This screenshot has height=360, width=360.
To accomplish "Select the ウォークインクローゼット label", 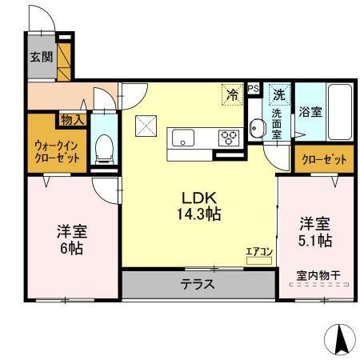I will pos(56,152).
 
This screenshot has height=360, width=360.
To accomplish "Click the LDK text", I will pos(200,198).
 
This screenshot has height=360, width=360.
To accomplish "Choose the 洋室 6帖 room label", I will pos(72,239).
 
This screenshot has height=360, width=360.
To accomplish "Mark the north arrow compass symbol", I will pos(340,340).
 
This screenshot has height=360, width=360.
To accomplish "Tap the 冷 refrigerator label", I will pos(232,94).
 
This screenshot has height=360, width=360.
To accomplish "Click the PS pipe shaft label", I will pos(254,89).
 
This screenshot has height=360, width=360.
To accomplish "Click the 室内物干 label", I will pos(318,276).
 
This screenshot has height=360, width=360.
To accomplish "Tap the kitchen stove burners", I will pos(230,137).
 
